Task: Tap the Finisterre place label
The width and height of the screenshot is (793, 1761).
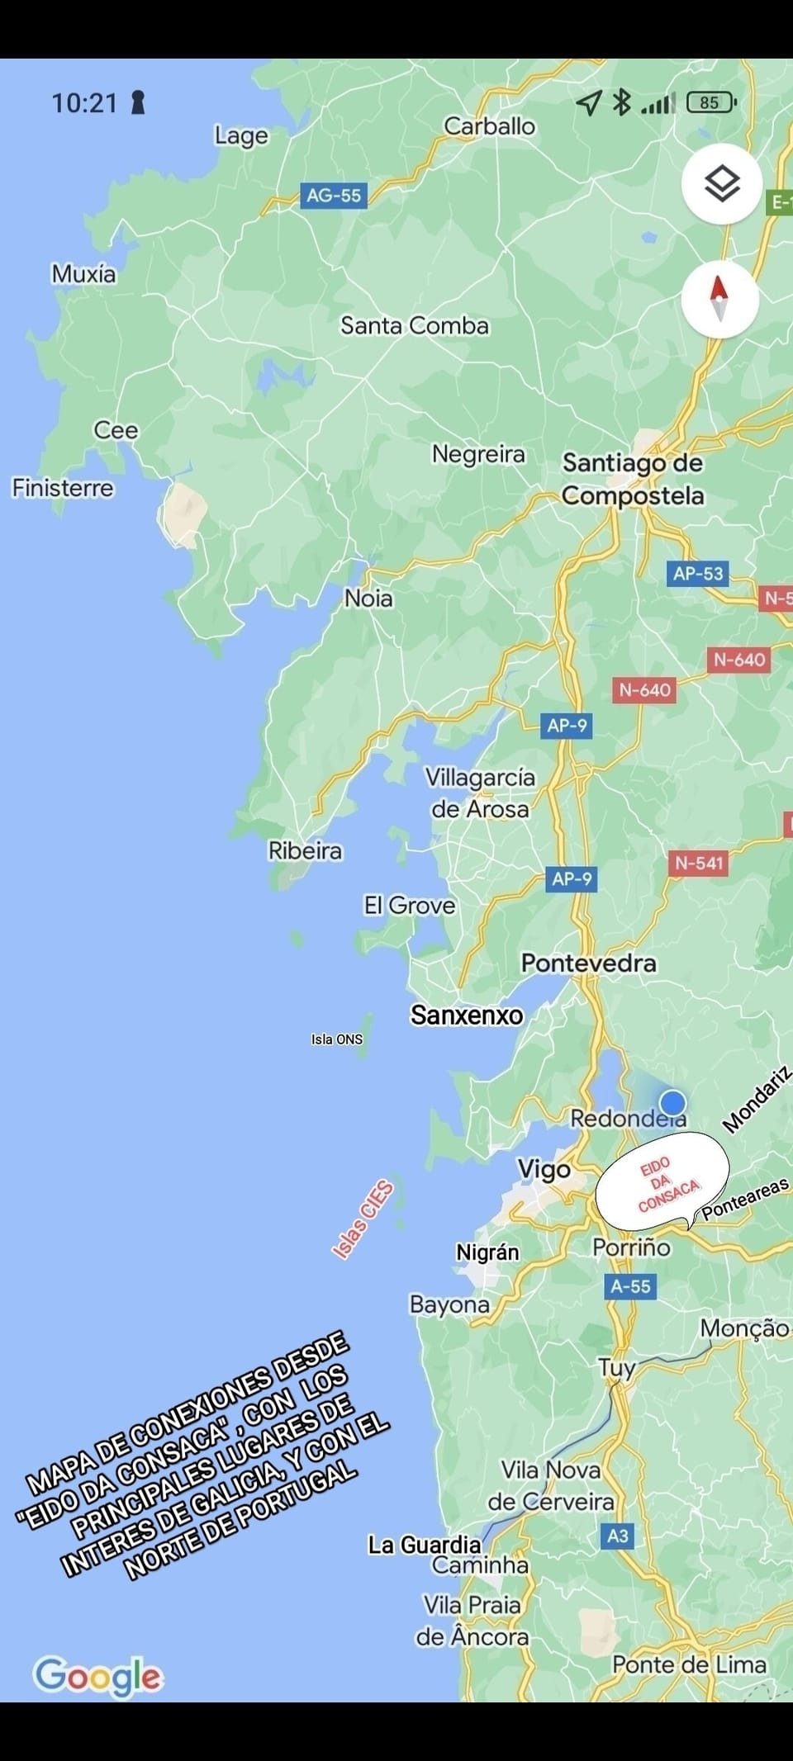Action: pyautogui.click(x=63, y=488)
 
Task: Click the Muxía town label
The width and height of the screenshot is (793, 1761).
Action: pyautogui.click(x=83, y=274)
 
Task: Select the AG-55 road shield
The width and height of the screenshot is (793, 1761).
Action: pyautogui.click(x=334, y=196)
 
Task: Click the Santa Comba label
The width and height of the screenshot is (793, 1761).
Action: pyautogui.click(x=415, y=325)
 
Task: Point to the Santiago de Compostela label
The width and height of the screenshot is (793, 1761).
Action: pyautogui.click(x=633, y=479)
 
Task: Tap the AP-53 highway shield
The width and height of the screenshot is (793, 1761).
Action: pyautogui.click(x=698, y=573)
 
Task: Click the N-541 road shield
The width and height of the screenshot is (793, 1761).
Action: pyautogui.click(x=699, y=864)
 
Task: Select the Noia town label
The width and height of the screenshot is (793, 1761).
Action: pyautogui.click(x=368, y=599)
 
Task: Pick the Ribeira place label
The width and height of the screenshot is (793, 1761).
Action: pyautogui.click(x=305, y=850)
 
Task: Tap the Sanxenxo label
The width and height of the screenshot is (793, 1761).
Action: pyautogui.click(x=467, y=1015)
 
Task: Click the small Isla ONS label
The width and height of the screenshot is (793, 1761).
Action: pyautogui.click(x=337, y=1039)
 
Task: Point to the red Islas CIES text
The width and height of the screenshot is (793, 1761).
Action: pyautogui.click(x=363, y=1220)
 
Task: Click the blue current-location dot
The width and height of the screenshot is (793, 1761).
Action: pyautogui.click(x=673, y=1102)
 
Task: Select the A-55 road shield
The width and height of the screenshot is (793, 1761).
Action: pyautogui.click(x=630, y=1285)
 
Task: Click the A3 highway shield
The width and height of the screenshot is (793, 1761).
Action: pyautogui.click(x=618, y=1536)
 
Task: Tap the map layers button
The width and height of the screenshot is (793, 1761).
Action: pyautogui.click(x=721, y=183)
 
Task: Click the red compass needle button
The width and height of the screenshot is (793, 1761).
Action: pyautogui.click(x=719, y=298)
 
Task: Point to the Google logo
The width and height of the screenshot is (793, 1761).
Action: pyautogui.click(x=98, y=1677)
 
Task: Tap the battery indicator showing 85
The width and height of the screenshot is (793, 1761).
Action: pyautogui.click(x=711, y=102)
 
